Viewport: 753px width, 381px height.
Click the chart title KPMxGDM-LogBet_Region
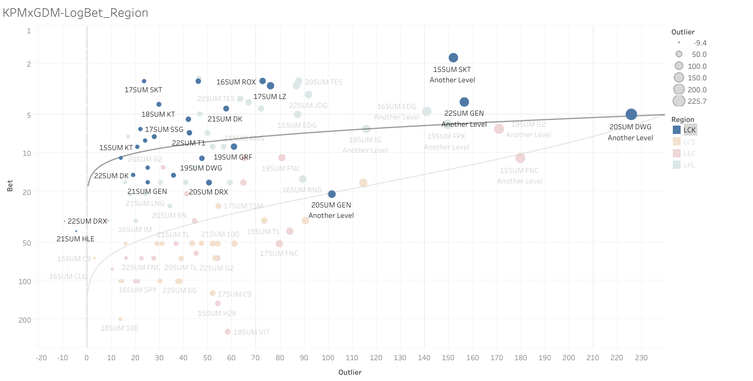[76, 13]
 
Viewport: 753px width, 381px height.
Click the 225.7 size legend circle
[679, 101]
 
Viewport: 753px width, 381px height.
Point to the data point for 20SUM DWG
[631, 114]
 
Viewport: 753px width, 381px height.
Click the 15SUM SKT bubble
[454, 58]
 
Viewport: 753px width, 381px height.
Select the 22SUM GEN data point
[465, 102]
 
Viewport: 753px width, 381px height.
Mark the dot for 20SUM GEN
[332, 194]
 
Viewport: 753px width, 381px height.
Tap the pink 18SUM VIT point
[228, 331]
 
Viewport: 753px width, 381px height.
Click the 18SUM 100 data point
[120, 319]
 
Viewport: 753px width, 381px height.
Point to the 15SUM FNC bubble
[520, 158]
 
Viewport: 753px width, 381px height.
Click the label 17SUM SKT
[143, 90]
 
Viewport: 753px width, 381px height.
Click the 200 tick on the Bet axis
[27, 319]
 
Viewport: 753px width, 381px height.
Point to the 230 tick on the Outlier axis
[641, 358]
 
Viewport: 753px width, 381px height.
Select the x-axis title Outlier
[350, 372]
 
